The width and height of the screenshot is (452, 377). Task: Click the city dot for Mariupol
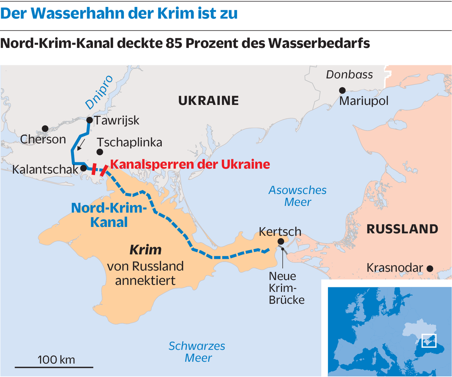tap(342, 91)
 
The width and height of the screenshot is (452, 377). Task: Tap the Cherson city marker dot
tap(45, 129)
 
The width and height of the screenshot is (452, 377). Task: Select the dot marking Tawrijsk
tap(89, 120)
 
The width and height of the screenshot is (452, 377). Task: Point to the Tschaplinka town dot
tap(100, 152)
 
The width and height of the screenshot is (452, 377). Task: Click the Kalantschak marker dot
tap(83, 168)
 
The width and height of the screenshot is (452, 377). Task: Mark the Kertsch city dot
tap(281, 241)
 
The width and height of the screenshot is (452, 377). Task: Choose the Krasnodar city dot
tap(430, 269)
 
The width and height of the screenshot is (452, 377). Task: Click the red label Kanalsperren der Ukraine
tap(190, 164)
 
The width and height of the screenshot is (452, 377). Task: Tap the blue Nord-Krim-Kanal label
tap(109, 215)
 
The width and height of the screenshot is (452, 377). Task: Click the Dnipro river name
tap(99, 93)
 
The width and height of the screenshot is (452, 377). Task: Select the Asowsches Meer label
tap(297, 196)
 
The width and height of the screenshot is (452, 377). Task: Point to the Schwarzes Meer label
tap(197, 352)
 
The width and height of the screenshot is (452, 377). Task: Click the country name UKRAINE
tap(208, 100)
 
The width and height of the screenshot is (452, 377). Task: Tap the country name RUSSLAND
tap(402, 229)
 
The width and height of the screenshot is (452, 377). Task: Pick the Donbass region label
tap(349, 75)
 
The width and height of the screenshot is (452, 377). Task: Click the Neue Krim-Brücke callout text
tap(286, 288)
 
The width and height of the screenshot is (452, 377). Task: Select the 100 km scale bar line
tap(54, 367)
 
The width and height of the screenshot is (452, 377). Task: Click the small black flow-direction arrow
tap(81, 145)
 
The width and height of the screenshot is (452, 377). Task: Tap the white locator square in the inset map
tap(429, 340)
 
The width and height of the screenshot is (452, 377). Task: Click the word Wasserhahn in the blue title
tap(79, 13)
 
